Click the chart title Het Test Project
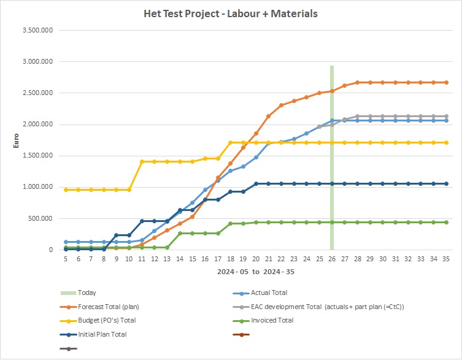(x=230, y=13)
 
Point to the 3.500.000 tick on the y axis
(x=36, y=30)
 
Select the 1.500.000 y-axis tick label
(x=36, y=156)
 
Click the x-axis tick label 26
(x=332, y=259)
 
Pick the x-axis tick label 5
(x=65, y=259)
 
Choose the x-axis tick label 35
(x=446, y=259)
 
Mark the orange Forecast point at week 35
(x=446, y=82)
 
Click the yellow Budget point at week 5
(x=65, y=190)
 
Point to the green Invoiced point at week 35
(x=446, y=222)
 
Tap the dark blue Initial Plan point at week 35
(x=446, y=183)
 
